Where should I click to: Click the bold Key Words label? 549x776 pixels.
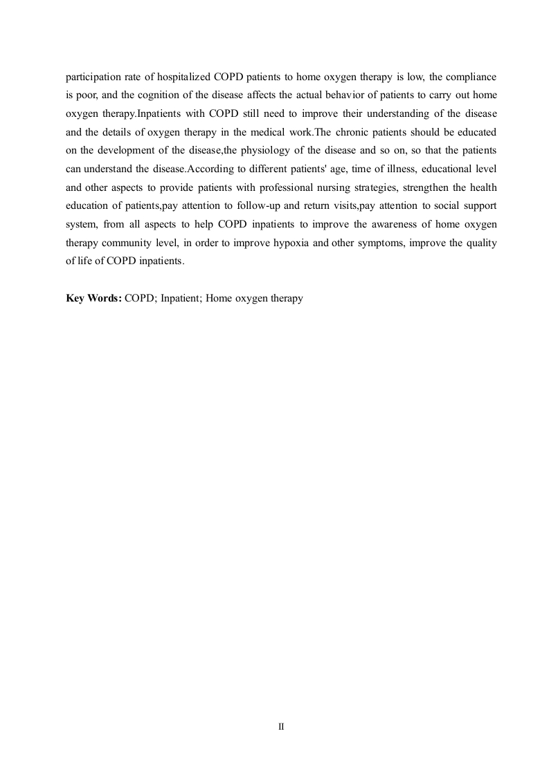tap(93, 299)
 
